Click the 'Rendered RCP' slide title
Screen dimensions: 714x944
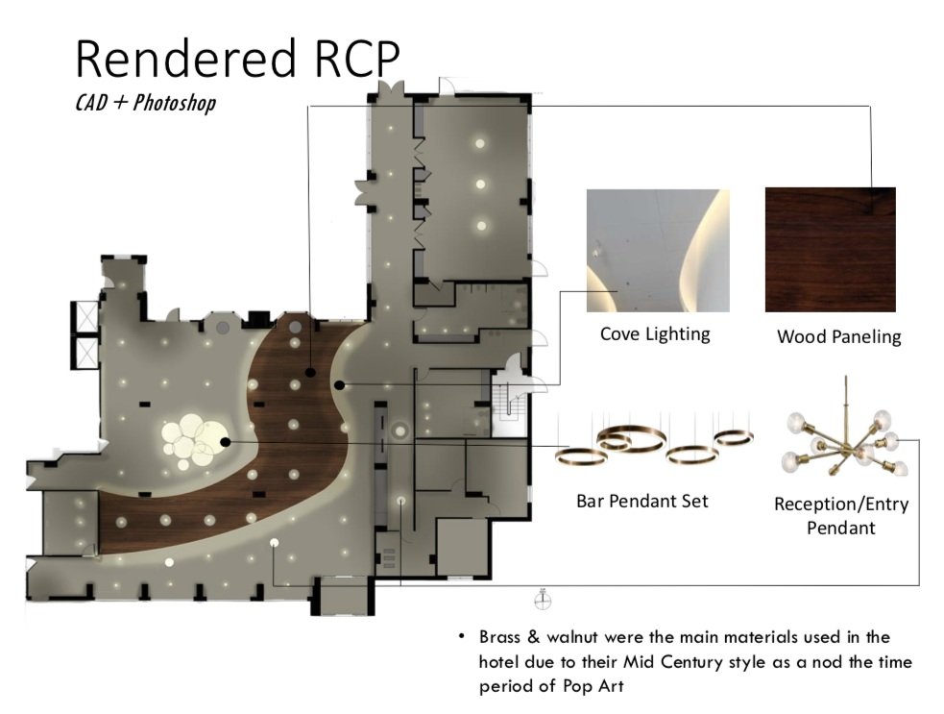point(236,59)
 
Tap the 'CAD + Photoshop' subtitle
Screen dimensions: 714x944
point(145,102)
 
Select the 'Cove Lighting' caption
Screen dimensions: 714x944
point(655,334)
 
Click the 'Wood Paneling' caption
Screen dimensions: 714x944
point(838,336)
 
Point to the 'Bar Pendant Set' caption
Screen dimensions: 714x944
point(641,501)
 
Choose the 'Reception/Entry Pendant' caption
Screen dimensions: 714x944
point(840,516)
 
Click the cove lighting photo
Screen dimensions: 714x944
point(658,250)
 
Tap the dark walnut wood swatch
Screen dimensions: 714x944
point(830,249)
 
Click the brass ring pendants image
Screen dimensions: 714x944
point(653,445)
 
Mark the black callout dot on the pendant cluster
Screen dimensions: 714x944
point(225,441)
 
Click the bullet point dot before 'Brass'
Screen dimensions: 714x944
point(461,637)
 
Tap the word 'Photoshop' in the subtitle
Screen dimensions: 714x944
point(174,102)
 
